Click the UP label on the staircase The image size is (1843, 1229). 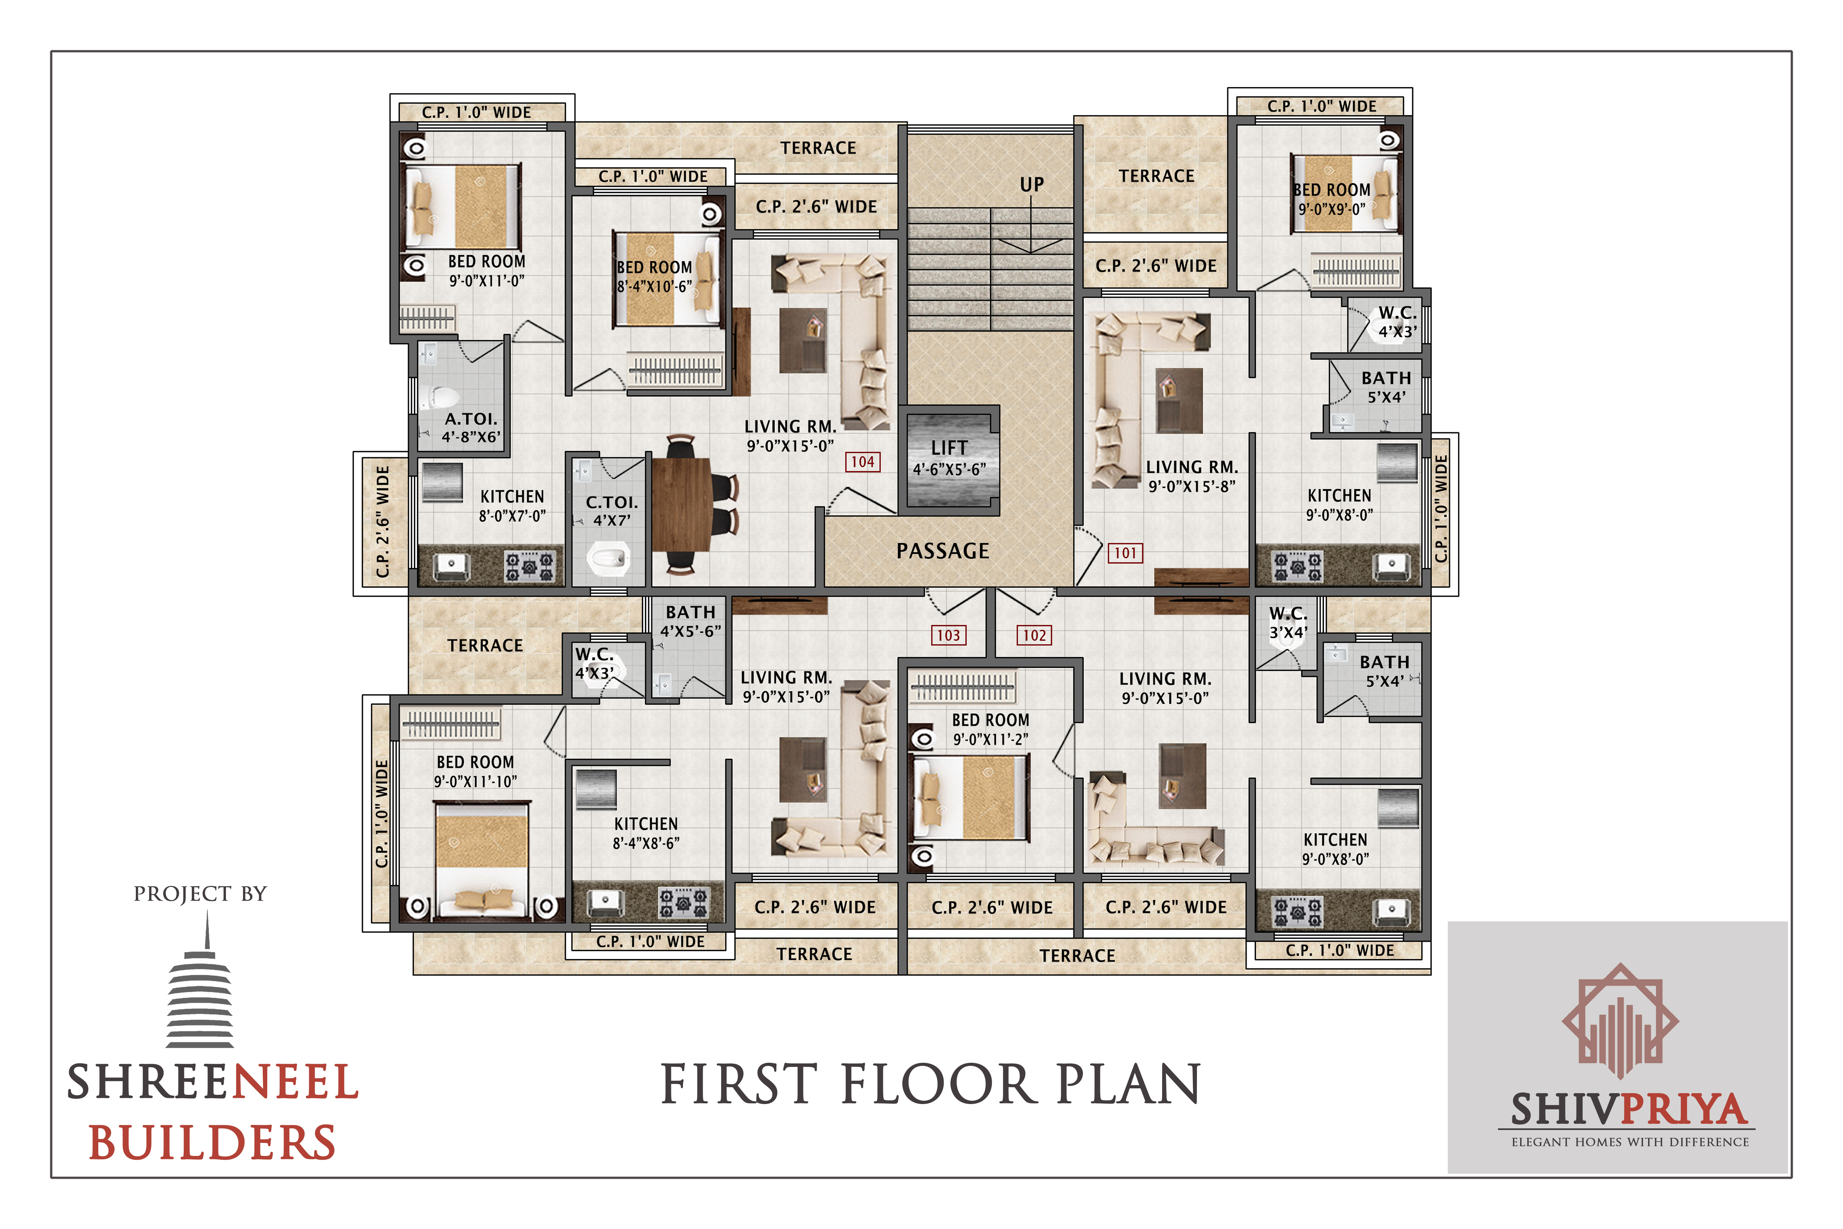click(x=1031, y=184)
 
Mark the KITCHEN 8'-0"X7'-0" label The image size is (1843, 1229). click(x=512, y=506)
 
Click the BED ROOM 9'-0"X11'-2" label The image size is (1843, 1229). click(x=990, y=729)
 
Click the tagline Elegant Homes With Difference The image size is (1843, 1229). click(x=1630, y=1142)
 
